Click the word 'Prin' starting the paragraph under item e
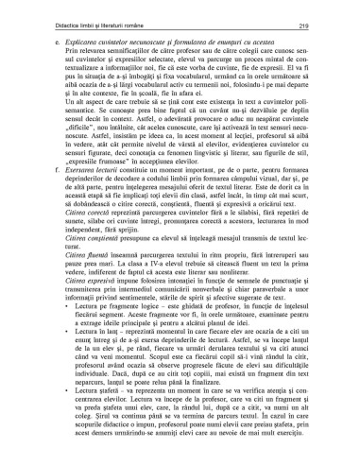63,55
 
